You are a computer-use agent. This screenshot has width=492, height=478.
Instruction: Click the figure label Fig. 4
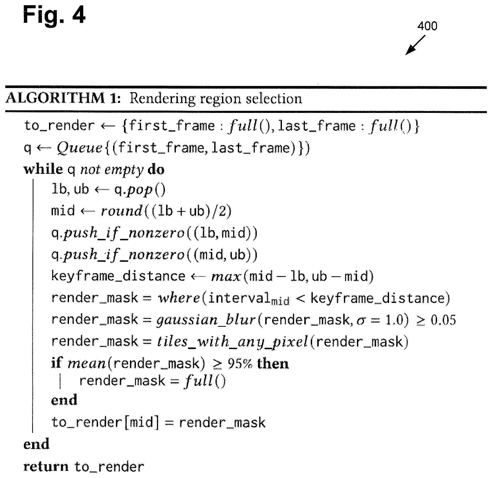[54, 15]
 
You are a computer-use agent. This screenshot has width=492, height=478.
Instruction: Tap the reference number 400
[427, 26]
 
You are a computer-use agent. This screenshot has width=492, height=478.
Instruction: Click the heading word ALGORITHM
[55, 99]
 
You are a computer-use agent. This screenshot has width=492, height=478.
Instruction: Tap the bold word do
[156, 170]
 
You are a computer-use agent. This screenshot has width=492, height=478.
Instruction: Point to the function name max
[226, 277]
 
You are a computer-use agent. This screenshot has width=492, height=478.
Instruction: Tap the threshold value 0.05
[443, 320]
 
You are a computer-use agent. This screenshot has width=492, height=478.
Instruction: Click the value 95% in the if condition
[240, 364]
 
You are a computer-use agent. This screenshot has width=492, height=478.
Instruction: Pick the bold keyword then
[273, 364]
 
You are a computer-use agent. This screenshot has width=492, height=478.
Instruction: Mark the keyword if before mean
[57, 363]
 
